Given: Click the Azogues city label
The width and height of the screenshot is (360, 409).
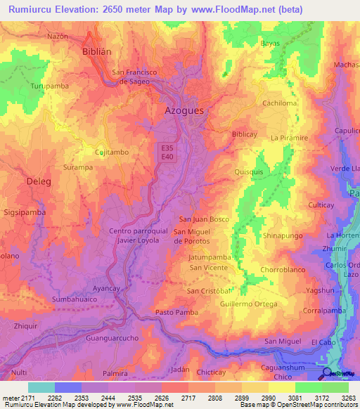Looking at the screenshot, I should (184, 111).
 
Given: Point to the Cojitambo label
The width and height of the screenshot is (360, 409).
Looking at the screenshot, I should (111, 152).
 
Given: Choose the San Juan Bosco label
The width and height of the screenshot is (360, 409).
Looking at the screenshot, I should (204, 219).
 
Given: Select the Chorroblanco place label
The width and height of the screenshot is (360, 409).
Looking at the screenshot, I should (281, 270).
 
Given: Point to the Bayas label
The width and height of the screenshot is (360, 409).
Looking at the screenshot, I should (270, 44).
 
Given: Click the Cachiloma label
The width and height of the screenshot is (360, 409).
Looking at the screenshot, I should (280, 103).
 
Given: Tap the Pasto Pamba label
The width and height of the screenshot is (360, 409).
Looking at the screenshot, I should (174, 311).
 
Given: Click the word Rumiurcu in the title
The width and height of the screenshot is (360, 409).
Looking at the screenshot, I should (34, 11).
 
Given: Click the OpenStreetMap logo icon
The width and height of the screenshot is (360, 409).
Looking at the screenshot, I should (327, 373).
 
